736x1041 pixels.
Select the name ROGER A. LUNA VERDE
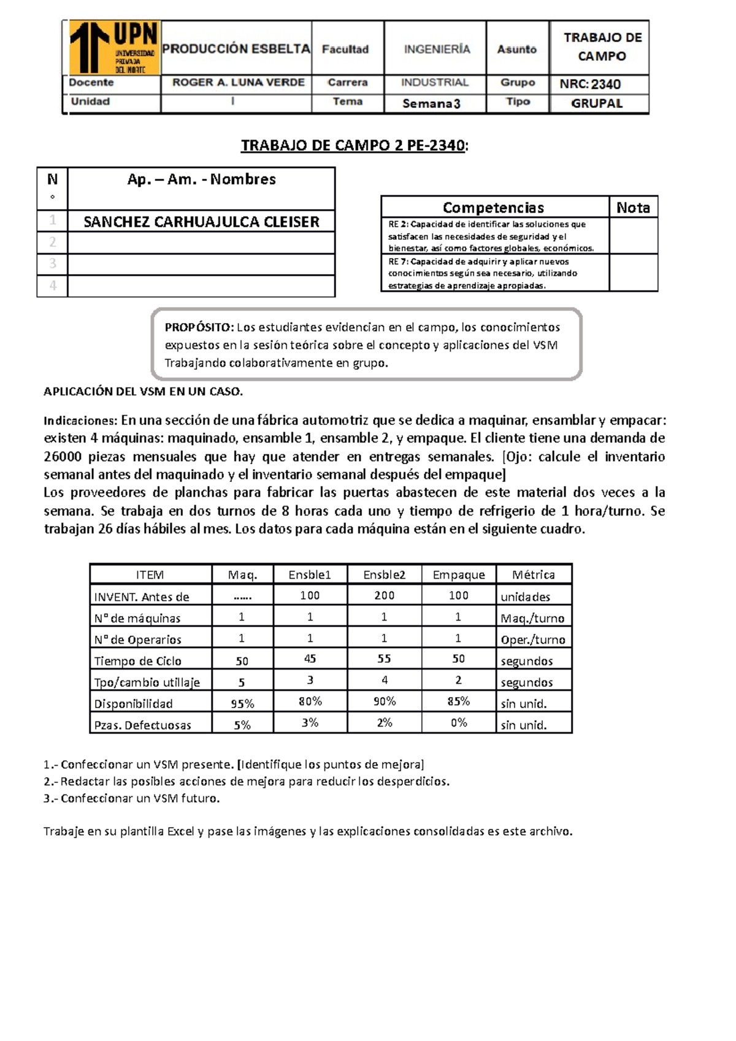point(238,83)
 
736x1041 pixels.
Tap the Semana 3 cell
point(431,104)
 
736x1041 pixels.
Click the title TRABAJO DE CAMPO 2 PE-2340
point(353,145)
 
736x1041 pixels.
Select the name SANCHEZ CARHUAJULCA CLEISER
point(201,222)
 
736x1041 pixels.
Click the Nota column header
point(633,208)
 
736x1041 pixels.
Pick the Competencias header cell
point(493,208)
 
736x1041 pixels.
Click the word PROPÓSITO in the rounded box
point(199,327)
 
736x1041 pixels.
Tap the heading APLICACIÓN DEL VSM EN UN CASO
point(143,392)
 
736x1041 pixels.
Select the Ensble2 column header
point(384,575)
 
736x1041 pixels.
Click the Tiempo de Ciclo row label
point(137,661)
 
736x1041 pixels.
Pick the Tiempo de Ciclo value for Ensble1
point(310,659)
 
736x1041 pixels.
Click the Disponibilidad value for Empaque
point(458,701)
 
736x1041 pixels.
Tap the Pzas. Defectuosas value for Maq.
point(242,725)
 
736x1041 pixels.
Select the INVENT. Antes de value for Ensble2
point(384,595)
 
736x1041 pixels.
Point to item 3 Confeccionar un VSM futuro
point(131,798)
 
